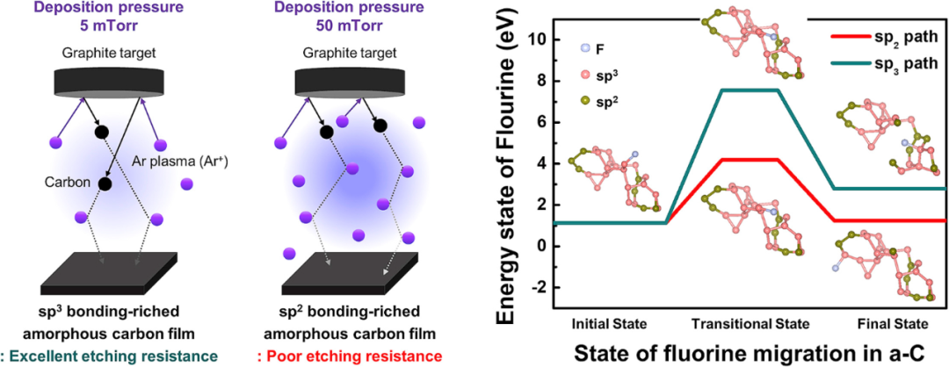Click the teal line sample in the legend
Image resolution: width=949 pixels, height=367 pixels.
[851, 63]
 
